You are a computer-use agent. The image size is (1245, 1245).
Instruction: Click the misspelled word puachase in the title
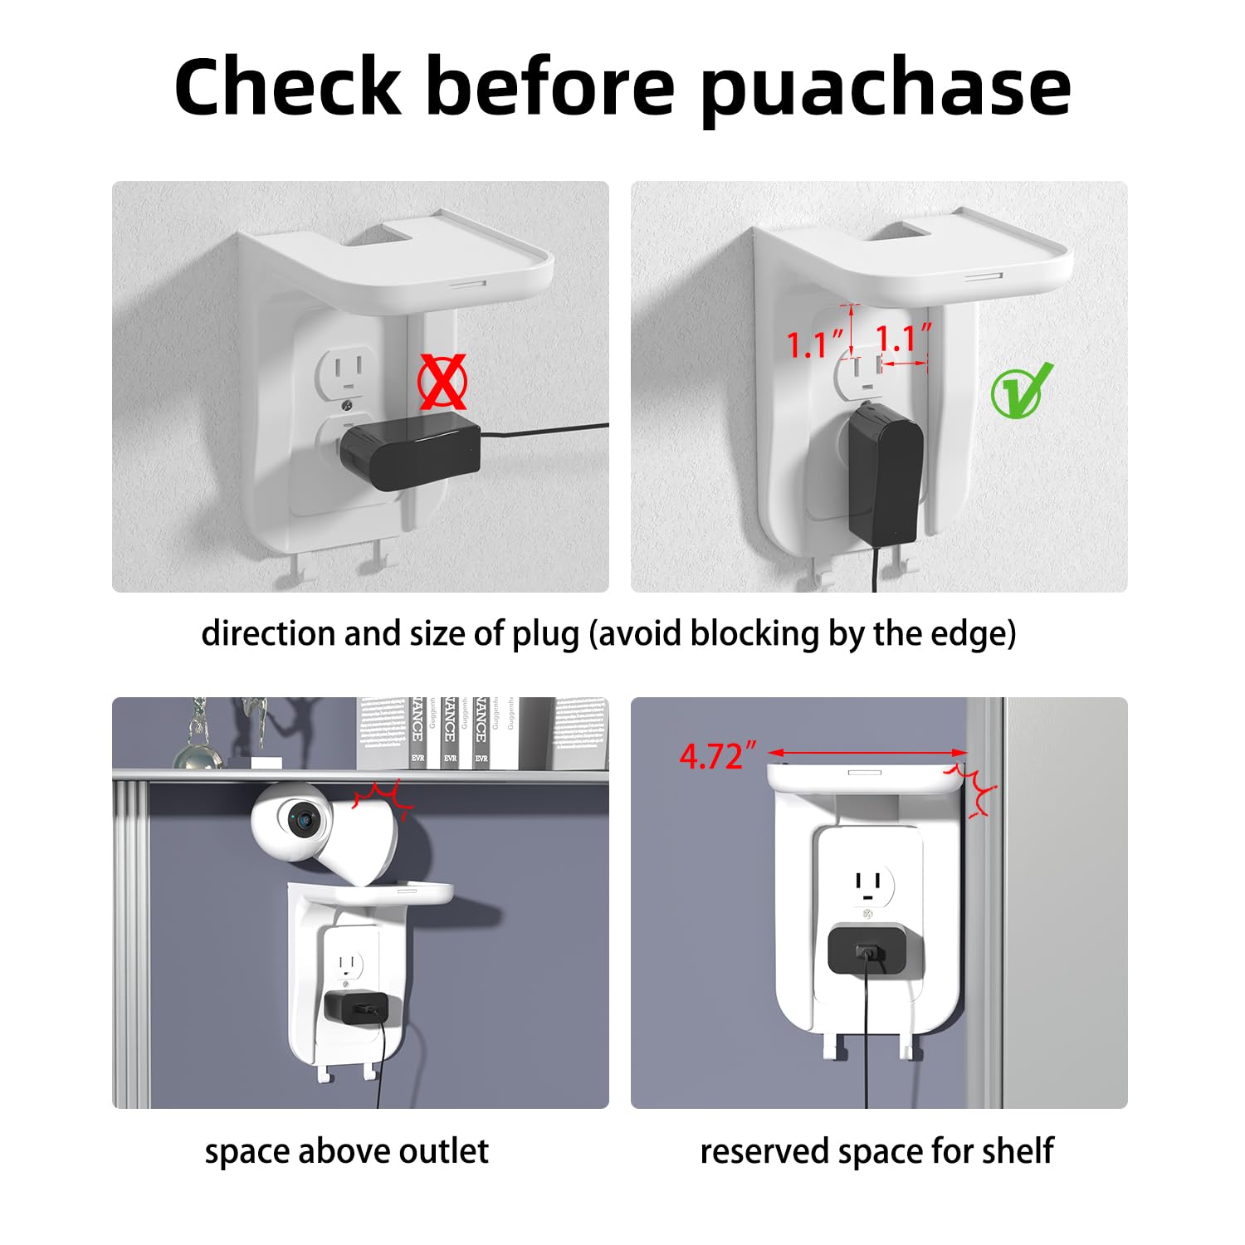(885, 90)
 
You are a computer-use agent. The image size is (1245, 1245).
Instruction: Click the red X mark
(442, 383)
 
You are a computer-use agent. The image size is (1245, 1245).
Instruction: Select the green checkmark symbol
(1021, 391)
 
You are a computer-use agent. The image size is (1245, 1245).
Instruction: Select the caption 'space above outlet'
(346, 1151)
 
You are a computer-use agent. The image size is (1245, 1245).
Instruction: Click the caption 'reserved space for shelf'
(876, 1151)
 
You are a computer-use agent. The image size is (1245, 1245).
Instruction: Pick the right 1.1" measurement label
(903, 339)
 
